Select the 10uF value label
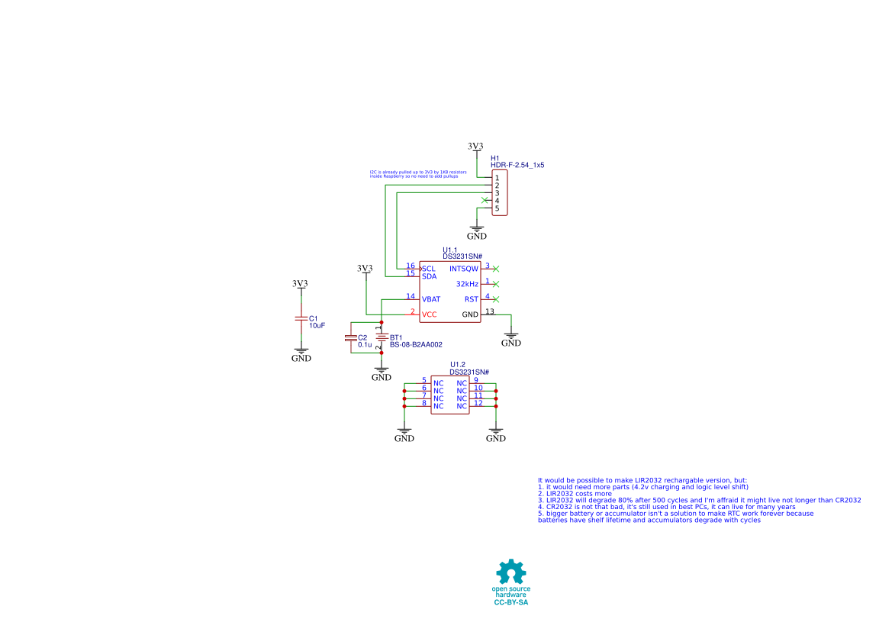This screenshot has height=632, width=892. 317,325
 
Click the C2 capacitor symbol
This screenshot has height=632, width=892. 350,337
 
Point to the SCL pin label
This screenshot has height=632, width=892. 429,268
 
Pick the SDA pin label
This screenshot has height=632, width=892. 429,276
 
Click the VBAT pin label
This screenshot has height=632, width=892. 431,299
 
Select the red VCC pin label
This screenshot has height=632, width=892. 430,314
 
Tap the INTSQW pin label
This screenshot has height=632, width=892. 464,269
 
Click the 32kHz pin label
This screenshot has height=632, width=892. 467,284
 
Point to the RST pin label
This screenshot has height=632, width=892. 472,299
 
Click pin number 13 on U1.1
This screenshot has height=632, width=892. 490,311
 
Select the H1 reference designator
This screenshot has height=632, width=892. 494,158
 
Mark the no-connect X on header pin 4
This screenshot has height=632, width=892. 485,200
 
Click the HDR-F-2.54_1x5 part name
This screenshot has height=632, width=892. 517,165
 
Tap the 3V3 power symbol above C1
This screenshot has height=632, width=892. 300,284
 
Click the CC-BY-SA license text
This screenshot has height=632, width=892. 511,603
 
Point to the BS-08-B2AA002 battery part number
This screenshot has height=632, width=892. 416,345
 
